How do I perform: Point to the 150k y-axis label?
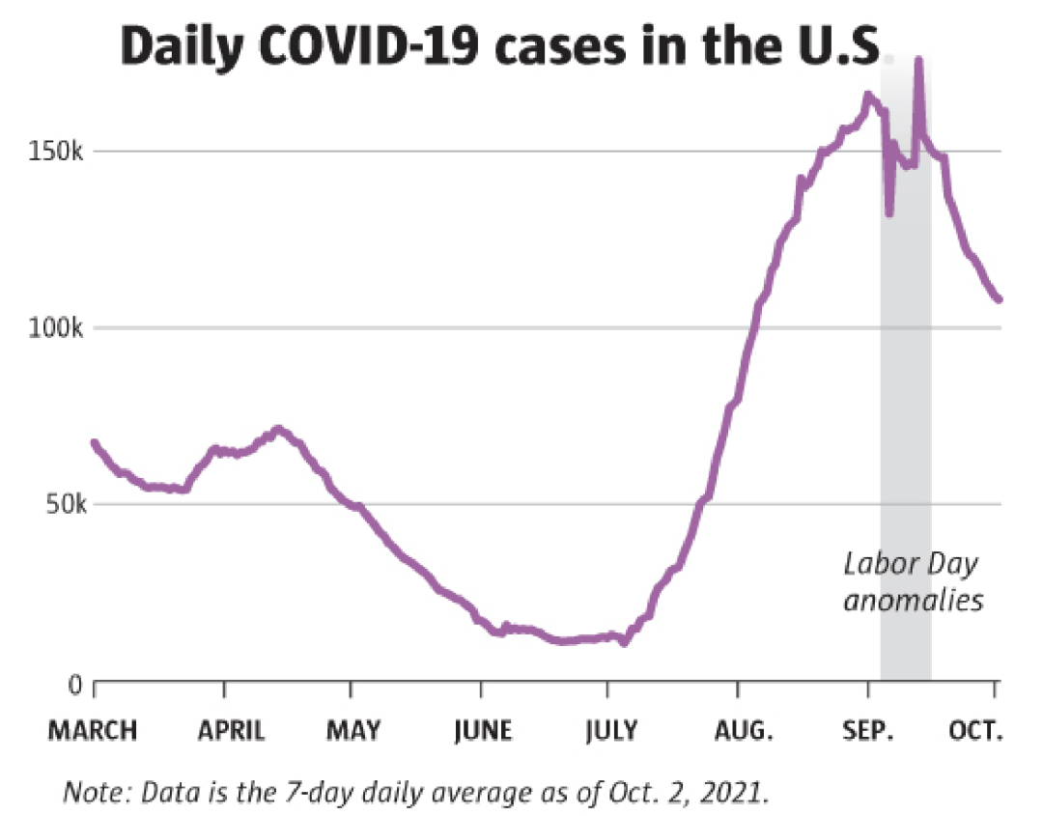click(63, 153)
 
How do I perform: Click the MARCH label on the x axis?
click(93, 731)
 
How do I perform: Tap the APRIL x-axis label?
click(232, 731)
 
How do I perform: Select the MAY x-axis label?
click(353, 731)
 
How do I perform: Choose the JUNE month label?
click(483, 731)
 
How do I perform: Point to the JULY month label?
click(610, 731)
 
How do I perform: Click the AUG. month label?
click(742, 731)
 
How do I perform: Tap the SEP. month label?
click(869, 731)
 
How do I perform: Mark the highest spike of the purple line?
click(918, 61)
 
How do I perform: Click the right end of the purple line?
click(1000, 299)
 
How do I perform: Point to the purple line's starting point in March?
click(94, 442)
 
